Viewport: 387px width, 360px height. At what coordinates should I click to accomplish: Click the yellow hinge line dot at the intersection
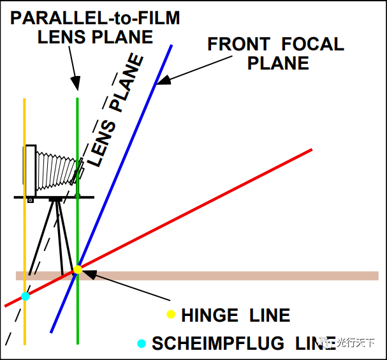[78, 269]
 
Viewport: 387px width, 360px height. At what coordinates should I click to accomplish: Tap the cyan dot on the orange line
[25, 296]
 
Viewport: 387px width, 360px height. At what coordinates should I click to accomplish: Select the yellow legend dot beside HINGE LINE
[170, 314]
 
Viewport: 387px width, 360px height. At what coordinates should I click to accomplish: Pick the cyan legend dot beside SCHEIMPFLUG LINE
[142, 343]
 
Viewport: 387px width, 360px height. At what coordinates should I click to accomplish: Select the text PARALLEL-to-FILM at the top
[95, 18]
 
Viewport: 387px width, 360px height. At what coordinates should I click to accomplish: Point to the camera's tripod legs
[57, 236]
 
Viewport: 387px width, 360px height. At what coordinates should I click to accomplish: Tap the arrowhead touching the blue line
[161, 81]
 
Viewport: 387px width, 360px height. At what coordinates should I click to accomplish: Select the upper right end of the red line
[311, 150]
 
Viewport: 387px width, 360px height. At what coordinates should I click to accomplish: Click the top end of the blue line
[172, 46]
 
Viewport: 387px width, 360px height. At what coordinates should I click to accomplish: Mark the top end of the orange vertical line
[24, 100]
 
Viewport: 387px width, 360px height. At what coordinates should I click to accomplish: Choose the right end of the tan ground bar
[377, 276]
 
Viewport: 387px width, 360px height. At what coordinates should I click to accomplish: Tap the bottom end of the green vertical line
[78, 343]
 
